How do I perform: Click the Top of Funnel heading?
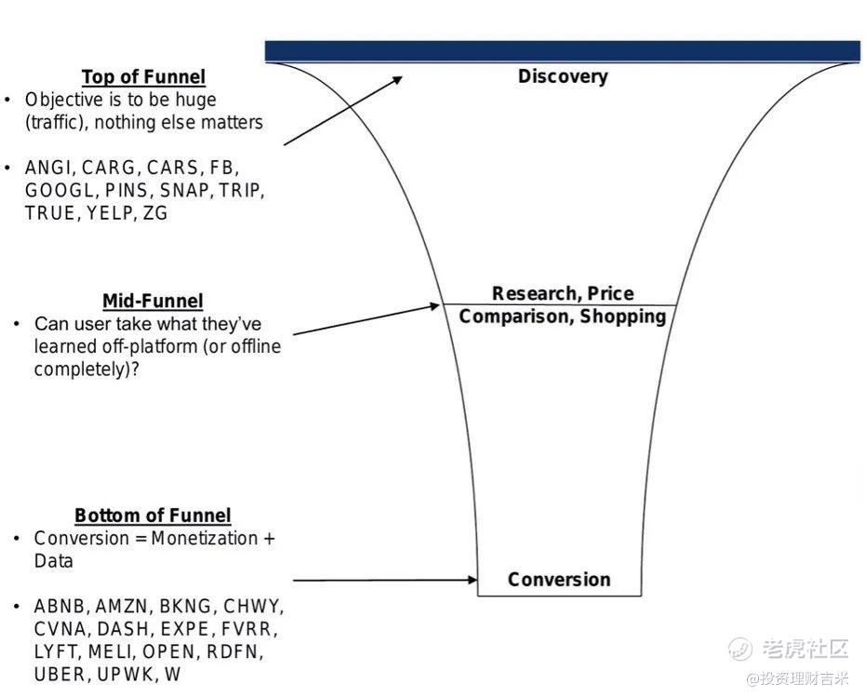[143, 77]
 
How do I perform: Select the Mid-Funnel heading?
[153, 301]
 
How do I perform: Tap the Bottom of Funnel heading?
[153, 516]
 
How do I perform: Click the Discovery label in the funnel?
[563, 76]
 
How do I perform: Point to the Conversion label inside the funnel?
[559, 580]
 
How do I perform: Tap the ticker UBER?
[59, 673]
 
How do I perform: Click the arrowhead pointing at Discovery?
[398, 79]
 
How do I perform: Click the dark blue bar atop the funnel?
[562, 50]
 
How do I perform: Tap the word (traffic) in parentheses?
[57, 122]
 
